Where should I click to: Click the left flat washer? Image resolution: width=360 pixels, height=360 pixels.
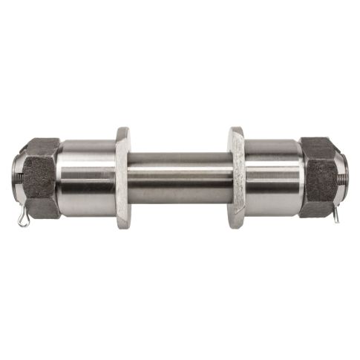[x=122, y=178]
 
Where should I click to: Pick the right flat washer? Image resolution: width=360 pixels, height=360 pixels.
[x=237, y=178]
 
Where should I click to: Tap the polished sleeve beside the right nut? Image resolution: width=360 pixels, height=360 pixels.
[x=272, y=178]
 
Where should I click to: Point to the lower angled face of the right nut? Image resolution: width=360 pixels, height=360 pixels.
[x=319, y=209]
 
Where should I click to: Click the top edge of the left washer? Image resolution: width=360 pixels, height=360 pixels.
[x=122, y=131]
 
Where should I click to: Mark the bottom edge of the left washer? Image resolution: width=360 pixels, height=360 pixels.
[x=122, y=226]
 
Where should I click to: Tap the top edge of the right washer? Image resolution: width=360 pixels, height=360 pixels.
[x=236, y=131]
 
